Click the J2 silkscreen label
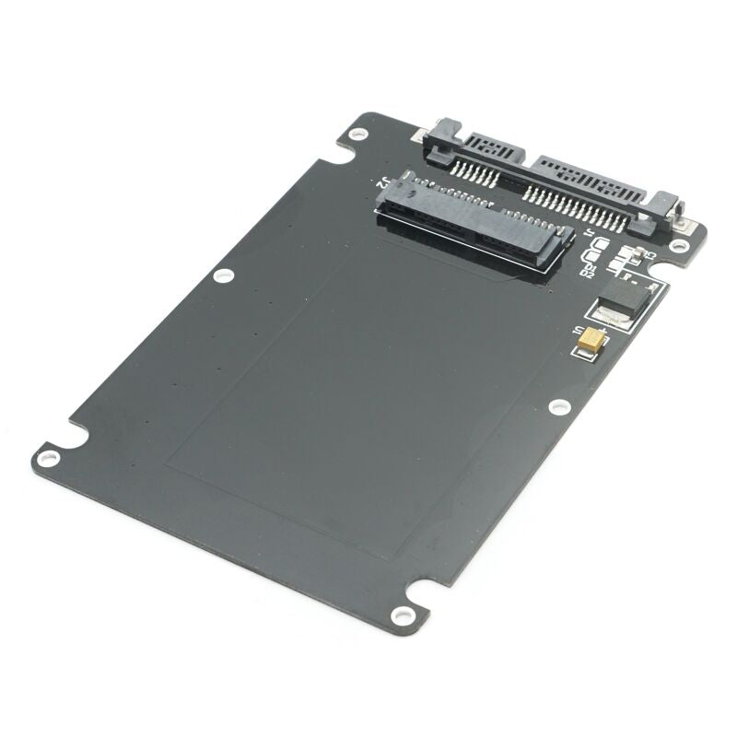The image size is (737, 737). click(x=378, y=182)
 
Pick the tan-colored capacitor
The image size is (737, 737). click(x=590, y=341)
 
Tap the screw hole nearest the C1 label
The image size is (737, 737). click(x=679, y=246)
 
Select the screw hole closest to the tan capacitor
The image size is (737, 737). click(x=559, y=406)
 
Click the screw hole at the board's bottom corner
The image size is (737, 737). click(x=400, y=615)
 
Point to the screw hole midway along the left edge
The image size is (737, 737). click(x=223, y=275)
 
